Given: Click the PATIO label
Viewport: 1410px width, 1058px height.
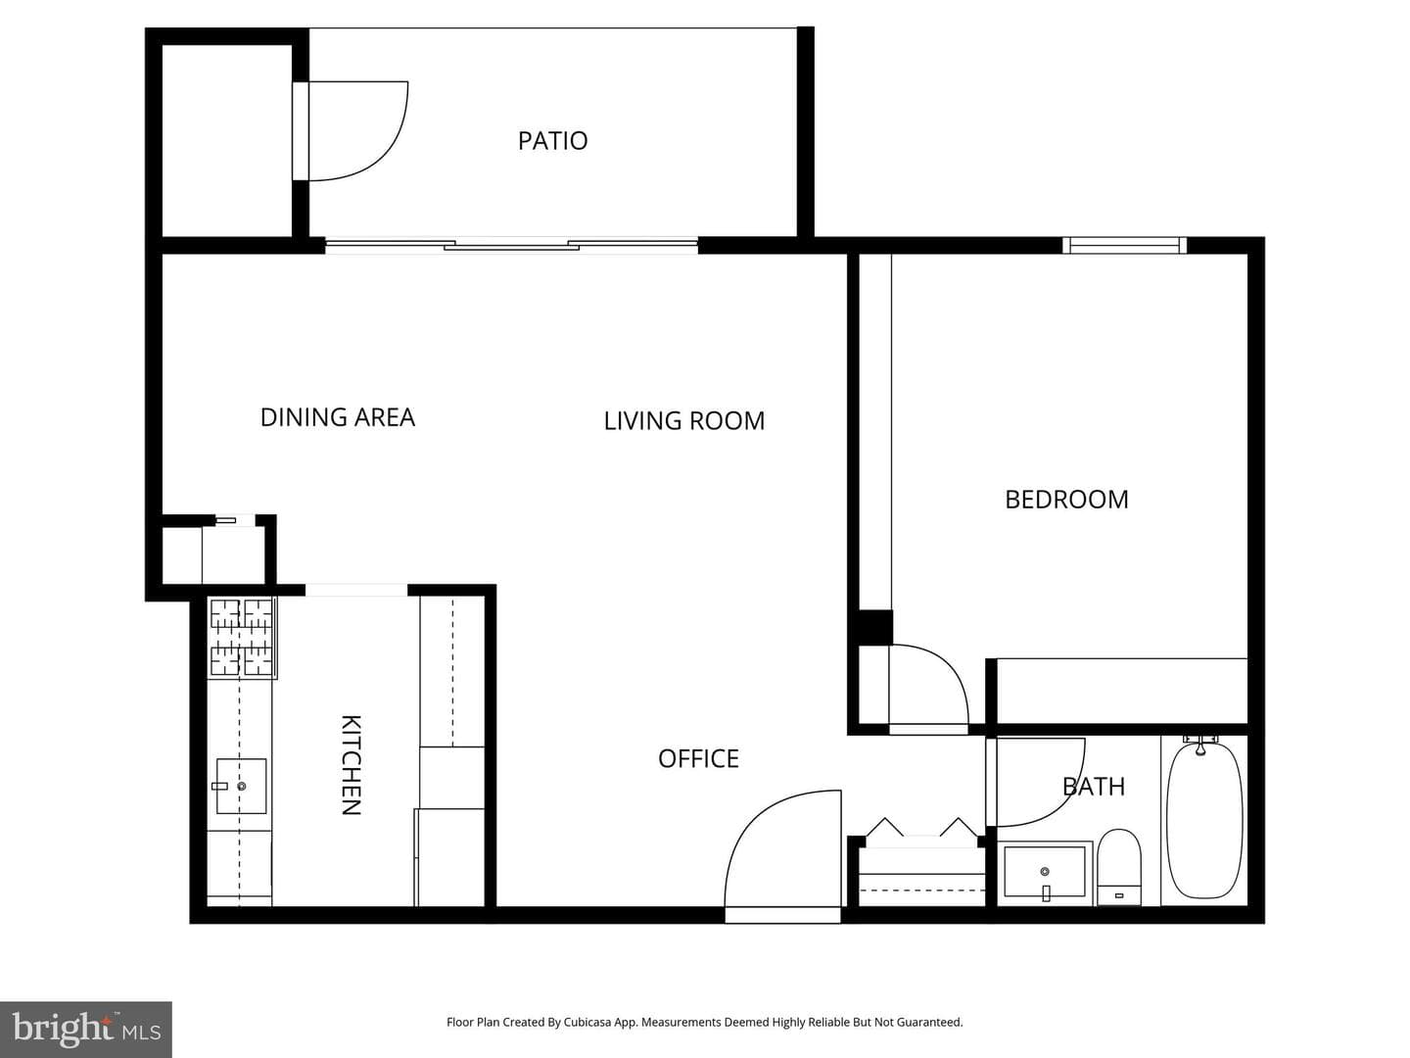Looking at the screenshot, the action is [x=552, y=141].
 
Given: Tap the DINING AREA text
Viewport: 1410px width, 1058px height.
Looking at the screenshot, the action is [x=337, y=417].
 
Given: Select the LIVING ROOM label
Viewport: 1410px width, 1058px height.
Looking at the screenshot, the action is [x=684, y=421].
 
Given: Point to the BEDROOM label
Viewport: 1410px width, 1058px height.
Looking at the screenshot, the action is [x=1066, y=500].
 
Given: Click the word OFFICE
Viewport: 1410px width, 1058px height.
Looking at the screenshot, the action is [x=698, y=759].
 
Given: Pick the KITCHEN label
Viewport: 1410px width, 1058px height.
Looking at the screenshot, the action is [x=351, y=764].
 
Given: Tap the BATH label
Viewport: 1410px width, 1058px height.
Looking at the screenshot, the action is [x=1094, y=787].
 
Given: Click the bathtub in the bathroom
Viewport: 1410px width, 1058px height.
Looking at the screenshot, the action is [x=1204, y=820].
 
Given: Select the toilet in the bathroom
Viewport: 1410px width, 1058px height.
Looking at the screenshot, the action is [x=1119, y=867].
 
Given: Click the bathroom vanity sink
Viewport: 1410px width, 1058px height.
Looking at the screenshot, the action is [x=1045, y=872].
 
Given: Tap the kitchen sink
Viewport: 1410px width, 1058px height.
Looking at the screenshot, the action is [x=241, y=787].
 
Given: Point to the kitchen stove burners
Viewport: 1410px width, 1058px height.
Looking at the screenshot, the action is [x=242, y=637].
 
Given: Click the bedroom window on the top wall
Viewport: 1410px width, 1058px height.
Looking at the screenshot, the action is [x=1124, y=245].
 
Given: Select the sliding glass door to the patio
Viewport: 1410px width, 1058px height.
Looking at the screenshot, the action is [x=511, y=245].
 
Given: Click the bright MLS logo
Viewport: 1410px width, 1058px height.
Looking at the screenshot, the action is [x=86, y=1029].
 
